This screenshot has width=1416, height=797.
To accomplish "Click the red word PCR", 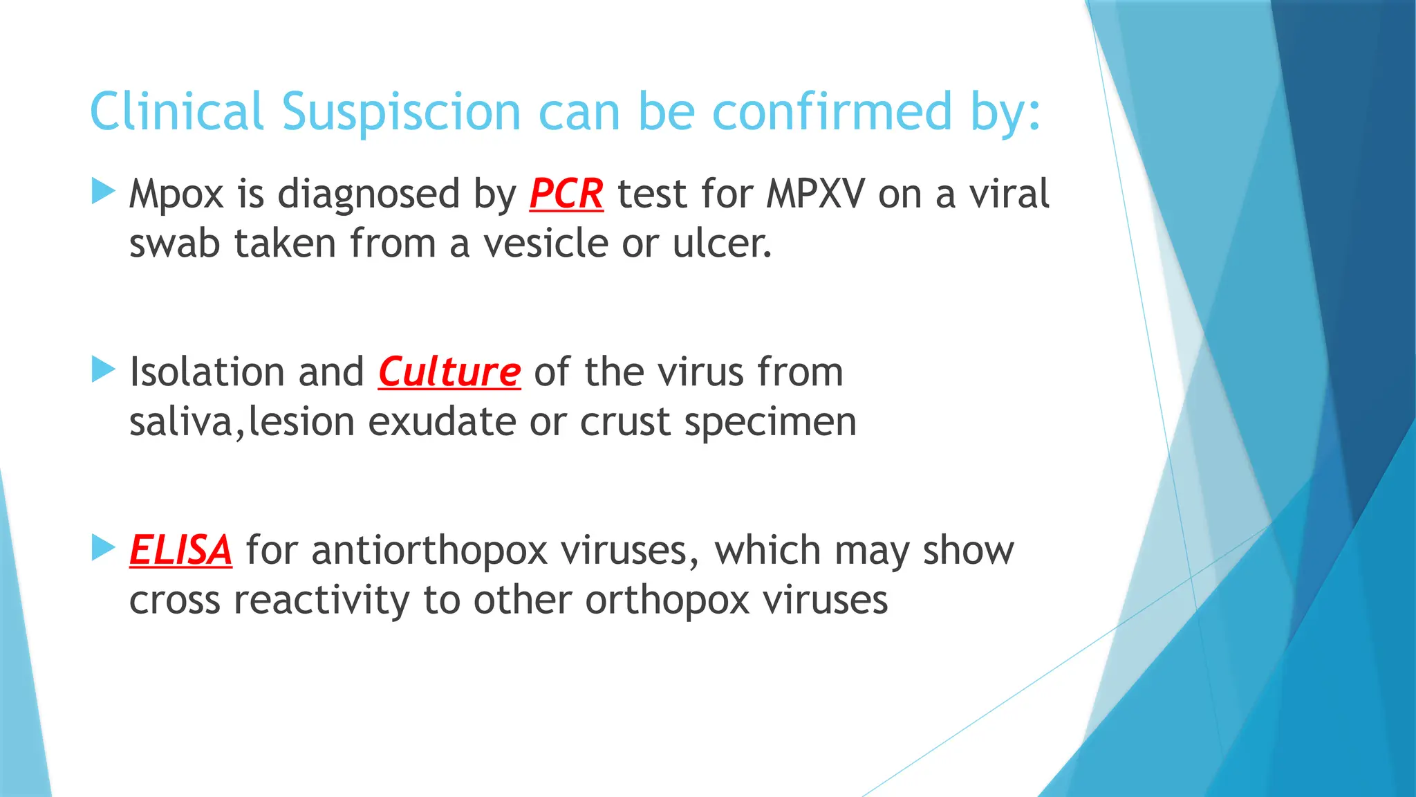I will coord(566,194).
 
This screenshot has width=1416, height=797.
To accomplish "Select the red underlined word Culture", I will coord(449,372).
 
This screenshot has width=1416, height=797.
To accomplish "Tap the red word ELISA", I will coord(180,551).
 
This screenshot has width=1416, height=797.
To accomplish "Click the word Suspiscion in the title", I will coord(401,112).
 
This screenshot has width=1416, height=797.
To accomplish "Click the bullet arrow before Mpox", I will coord(103,191).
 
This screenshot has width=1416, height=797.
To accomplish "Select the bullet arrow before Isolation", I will coord(103,369).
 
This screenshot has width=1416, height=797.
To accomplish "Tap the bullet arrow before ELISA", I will coord(103,548).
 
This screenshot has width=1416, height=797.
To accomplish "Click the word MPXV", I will coord(815,194).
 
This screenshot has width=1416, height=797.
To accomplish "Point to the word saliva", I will coord(182,422).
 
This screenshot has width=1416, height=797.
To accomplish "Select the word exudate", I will coord(442,422).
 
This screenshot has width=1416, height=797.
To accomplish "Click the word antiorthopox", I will coord(429,552).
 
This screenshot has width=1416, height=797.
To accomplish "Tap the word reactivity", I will coord(322,601).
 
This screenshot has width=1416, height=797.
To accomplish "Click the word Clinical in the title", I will coord(177,112).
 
